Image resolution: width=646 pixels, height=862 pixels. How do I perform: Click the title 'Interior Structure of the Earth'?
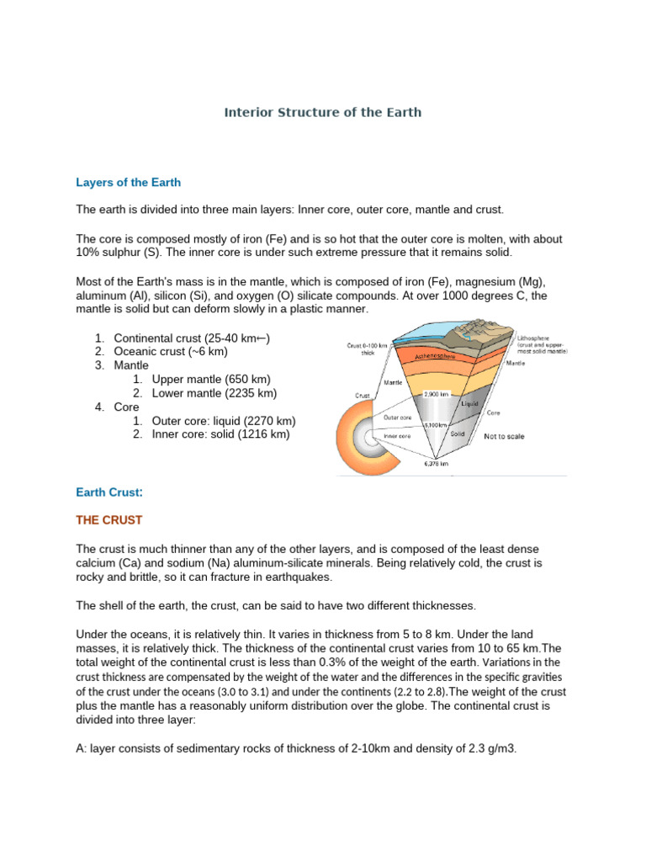(x=322, y=112)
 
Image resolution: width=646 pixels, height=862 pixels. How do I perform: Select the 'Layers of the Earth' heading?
(x=128, y=182)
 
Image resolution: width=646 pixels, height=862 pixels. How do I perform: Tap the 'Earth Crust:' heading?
(x=109, y=491)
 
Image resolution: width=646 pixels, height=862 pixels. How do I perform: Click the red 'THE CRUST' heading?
(x=109, y=520)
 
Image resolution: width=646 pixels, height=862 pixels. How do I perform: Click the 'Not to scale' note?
(x=506, y=437)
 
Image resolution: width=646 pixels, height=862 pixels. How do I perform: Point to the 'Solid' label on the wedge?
(x=458, y=434)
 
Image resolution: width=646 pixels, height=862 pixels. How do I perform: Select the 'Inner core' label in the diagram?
(x=397, y=437)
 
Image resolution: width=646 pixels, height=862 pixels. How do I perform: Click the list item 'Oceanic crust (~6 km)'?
(x=171, y=351)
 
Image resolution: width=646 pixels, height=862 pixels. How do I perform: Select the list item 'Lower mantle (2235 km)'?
(x=214, y=393)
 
